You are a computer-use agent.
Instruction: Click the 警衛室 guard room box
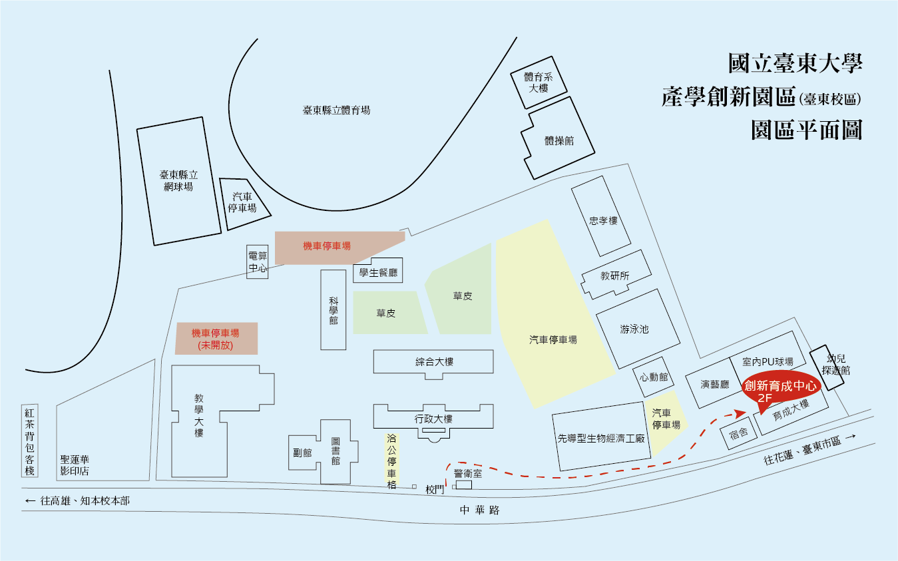point(463,484)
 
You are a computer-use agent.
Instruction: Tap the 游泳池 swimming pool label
point(634,329)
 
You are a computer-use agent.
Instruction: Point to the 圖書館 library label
point(336,451)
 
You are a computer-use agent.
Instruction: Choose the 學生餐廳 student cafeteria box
point(378,272)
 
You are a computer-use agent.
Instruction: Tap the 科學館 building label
point(334,311)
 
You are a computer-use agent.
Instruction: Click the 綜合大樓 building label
point(434,362)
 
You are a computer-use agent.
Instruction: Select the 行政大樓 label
point(433,419)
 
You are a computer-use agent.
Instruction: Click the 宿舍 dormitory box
point(739,434)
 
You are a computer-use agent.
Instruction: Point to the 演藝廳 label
point(715,384)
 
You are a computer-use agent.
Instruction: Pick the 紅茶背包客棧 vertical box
point(29,441)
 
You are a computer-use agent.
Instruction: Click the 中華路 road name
point(479,510)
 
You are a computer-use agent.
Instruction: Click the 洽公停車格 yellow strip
point(391,462)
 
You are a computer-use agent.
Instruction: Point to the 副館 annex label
point(302,453)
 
